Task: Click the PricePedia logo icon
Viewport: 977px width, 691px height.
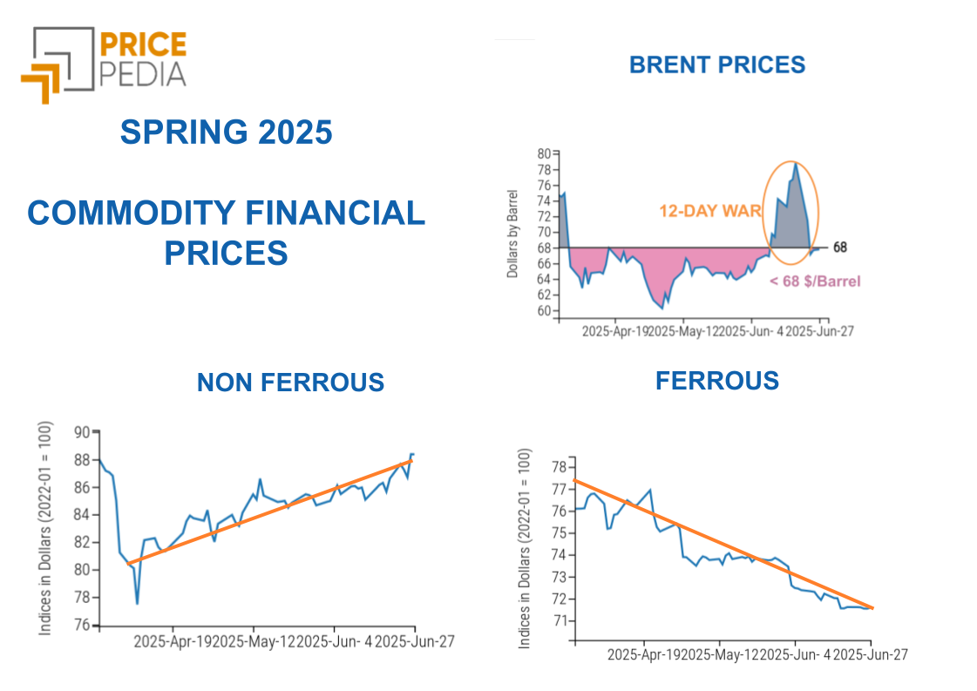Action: (x=58, y=63)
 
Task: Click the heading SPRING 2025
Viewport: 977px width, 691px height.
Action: (x=226, y=132)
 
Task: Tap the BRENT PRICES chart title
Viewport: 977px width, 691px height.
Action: (x=716, y=64)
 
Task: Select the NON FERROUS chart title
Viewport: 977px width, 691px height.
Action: (x=290, y=382)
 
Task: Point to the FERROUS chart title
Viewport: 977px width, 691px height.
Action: (x=717, y=380)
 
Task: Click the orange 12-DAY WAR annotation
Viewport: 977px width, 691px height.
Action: (x=710, y=210)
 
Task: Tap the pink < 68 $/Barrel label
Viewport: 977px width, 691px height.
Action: (x=815, y=281)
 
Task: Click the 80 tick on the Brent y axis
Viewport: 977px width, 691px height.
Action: (x=543, y=152)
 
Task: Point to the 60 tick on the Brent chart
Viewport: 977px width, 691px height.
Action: (x=543, y=311)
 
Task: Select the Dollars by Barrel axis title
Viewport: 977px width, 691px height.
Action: (x=512, y=233)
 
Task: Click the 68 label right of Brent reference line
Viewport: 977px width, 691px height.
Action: (x=839, y=247)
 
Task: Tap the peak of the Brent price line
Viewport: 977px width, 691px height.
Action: (x=795, y=163)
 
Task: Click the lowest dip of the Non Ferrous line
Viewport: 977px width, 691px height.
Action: (x=137, y=602)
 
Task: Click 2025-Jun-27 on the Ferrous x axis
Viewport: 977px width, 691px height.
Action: (x=870, y=654)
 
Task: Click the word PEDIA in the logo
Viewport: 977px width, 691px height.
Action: (x=142, y=73)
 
